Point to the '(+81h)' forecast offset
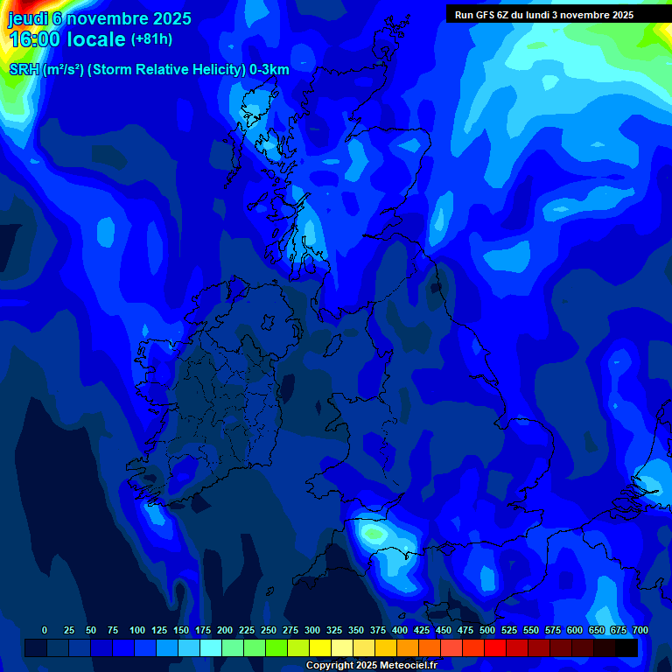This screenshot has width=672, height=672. [151, 39]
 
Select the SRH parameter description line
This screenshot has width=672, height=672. [149, 70]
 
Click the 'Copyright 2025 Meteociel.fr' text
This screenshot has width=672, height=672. [371, 665]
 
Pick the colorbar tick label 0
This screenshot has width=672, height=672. [45, 630]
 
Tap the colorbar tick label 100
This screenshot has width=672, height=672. [137, 630]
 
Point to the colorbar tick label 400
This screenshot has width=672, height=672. [400, 630]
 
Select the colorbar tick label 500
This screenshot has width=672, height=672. [487, 630]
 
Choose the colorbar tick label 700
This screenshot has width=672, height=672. [640, 630]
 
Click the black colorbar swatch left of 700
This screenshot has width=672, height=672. [626, 647]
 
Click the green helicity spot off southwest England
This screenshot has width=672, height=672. [374, 533]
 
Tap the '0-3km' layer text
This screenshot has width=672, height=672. [269, 70]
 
